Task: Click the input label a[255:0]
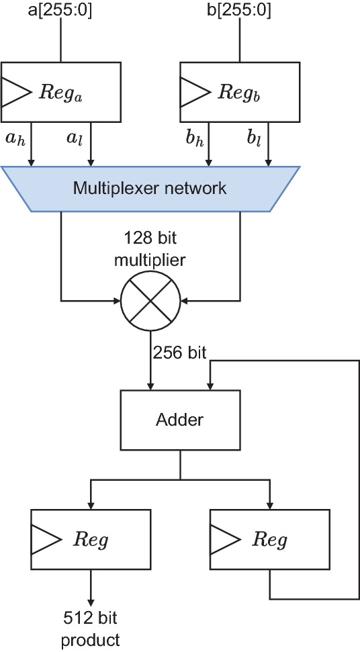point(61,11)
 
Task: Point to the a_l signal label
point(74,139)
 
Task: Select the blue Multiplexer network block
point(150,188)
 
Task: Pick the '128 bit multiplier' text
point(150,248)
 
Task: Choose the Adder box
point(179,420)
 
